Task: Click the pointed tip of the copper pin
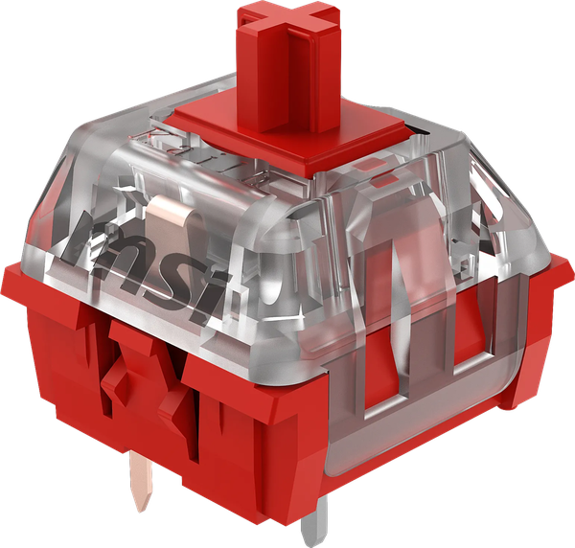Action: coord(142,510)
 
